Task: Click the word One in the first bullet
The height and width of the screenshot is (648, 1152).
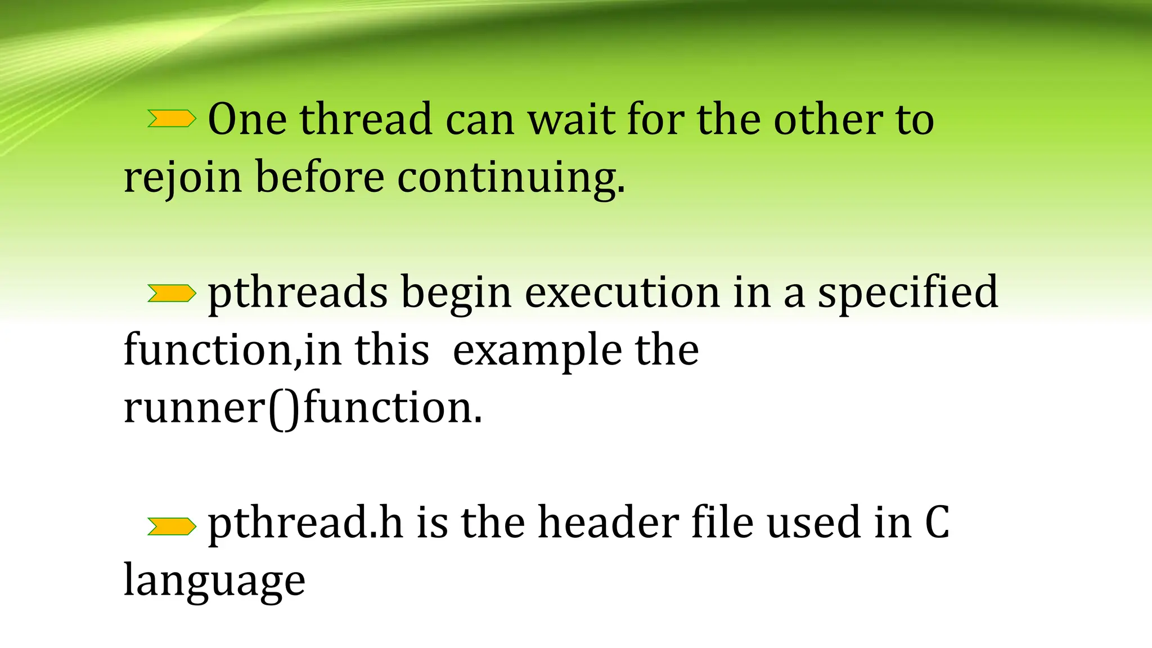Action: [247, 119]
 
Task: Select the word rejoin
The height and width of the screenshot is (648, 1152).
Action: [183, 178]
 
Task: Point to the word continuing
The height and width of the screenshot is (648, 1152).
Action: [511, 178]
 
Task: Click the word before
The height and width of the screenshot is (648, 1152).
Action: [320, 177]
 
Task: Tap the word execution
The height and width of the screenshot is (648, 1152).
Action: [622, 292]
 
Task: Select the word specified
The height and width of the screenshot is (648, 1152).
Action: [907, 292]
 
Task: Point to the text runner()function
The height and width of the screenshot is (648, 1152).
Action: [303, 407]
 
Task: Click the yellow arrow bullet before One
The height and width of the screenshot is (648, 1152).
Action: [172, 119]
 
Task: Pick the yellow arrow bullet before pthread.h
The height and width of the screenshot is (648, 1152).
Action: [172, 526]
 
